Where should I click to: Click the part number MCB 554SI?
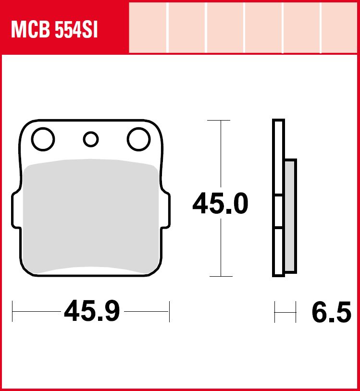coord(54,30)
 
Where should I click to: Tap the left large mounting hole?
coord(43,139)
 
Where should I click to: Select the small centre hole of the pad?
coord(91,139)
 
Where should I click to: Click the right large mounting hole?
coord(139,139)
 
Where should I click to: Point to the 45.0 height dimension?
coord(221,204)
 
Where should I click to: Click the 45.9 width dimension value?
coord(92,311)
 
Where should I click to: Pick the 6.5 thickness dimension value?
coord(331,312)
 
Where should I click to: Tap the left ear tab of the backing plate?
coord(16,210)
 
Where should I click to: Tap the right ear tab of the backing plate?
coord(166,210)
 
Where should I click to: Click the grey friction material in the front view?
coord(91,217)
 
